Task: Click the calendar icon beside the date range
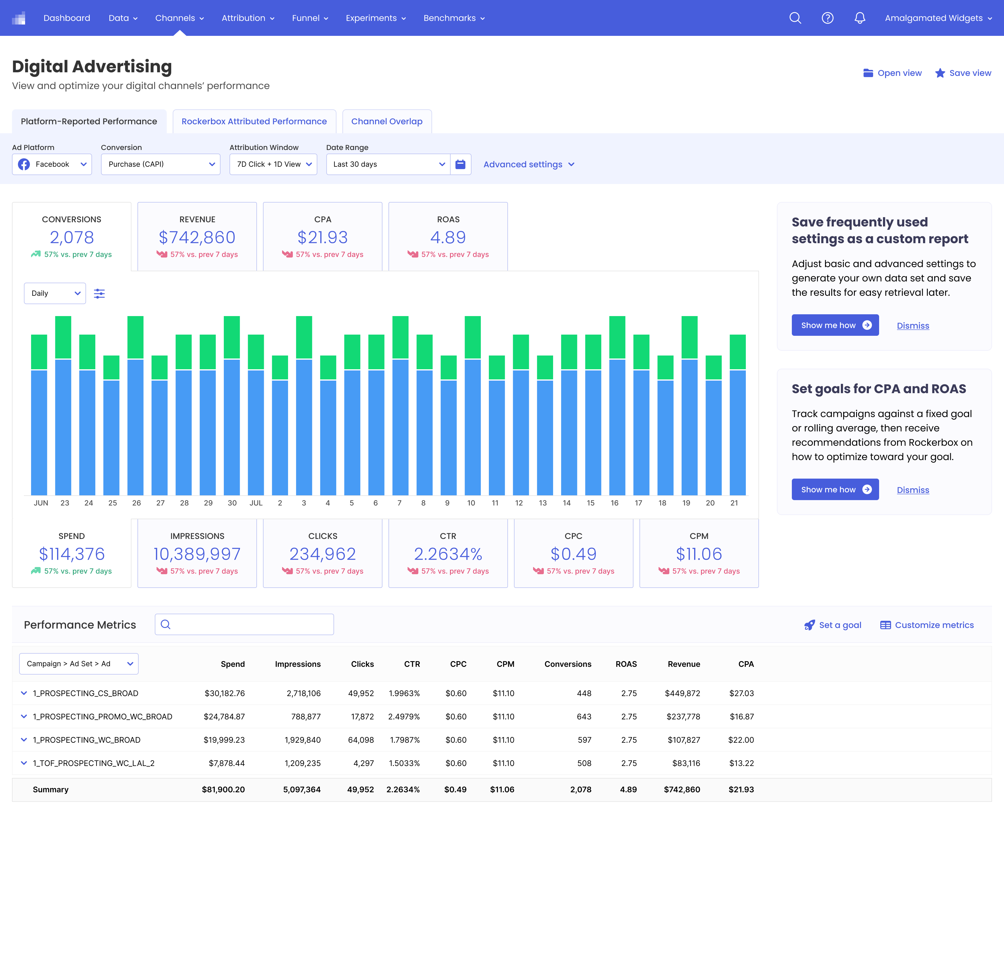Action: [460, 164]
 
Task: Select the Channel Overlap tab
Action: [387, 121]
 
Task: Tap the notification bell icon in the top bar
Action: [860, 18]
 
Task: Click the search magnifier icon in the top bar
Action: [795, 18]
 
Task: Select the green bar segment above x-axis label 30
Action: [232, 337]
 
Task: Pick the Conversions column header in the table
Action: [568, 664]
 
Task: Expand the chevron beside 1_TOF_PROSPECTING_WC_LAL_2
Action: [23, 763]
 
